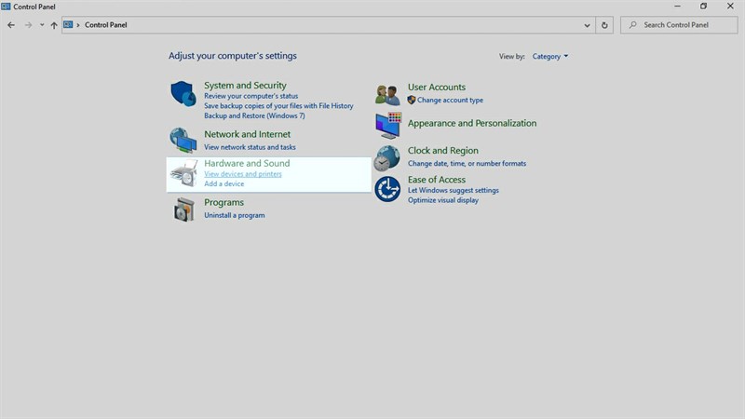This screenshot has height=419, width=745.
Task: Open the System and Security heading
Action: (245, 86)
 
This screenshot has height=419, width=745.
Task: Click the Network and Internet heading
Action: (247, 134)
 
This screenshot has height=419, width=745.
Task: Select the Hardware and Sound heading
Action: (247, 164)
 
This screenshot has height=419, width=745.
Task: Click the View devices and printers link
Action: (243, 174)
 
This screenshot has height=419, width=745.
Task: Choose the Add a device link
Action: (223, 183)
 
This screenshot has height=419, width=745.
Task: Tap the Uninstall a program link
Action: (235, 215)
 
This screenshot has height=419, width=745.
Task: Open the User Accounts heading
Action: (437, 88)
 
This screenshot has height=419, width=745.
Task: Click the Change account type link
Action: (450, 101)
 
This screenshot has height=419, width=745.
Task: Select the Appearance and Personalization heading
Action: (472, 124)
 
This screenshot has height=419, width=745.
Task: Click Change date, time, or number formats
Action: (467, 164)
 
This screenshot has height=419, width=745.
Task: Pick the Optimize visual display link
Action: (443, 200)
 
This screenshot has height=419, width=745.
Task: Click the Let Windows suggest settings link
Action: (454, 191)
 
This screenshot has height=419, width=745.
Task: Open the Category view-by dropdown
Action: (549, 57)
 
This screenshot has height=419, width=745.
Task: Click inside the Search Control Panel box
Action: (679, 25)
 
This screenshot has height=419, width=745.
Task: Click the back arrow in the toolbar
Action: (11, 25)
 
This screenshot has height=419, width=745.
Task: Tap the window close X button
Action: (730, 7)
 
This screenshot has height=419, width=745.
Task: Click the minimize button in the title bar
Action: (677, 7)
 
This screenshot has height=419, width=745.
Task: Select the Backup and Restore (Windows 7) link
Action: (254, 115)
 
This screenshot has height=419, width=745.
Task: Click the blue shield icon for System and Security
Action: (183, 93)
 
